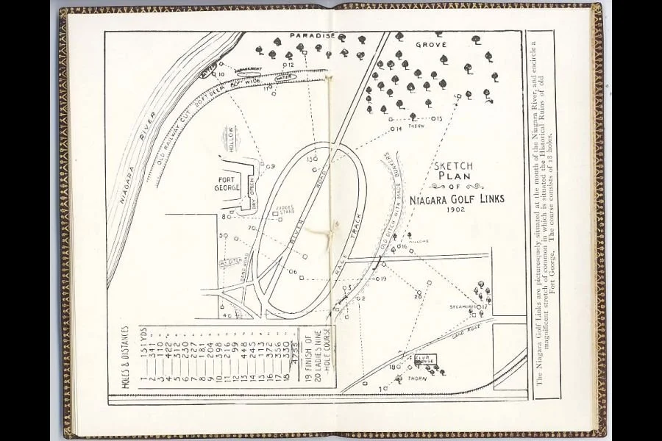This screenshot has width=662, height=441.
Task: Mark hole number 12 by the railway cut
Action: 288,65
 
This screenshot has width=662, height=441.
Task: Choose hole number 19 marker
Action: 380,279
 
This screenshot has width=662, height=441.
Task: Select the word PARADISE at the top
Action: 313,35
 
